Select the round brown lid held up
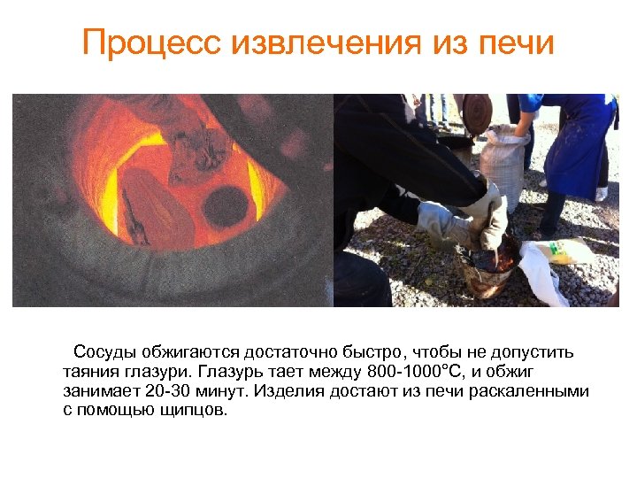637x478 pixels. [x=478, y=113]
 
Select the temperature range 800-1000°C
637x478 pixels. [x=408, y=372]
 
